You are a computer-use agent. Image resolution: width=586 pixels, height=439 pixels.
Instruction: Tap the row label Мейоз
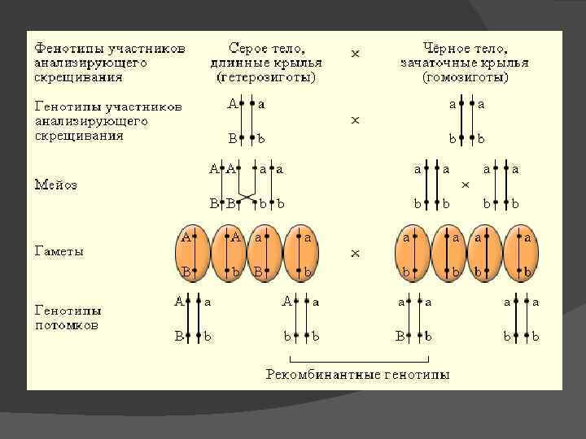click(55, 185)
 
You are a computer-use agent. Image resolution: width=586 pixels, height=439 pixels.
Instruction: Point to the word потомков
click(66, 325)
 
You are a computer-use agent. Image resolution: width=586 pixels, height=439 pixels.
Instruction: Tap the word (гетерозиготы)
click(266, 78)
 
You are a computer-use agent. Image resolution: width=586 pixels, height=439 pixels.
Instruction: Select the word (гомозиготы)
click(465, 78)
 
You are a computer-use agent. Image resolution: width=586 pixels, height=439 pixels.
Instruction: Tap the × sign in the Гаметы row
click(355, 254)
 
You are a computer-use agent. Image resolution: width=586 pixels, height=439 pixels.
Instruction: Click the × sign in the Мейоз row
click(466, 185)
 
